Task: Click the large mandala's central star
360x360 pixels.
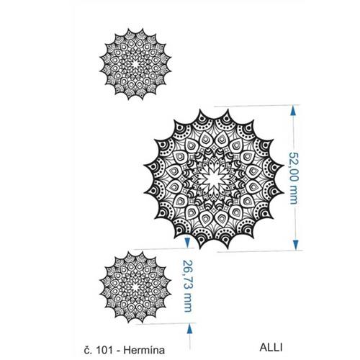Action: point(214,179)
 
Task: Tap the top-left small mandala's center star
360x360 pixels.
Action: point(135,64)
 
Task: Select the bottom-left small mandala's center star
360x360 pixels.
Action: point(135,287)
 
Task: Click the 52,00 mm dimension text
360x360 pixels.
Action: point(293,178)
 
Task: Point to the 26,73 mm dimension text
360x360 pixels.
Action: point(187,286)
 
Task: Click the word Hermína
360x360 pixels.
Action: point(144,350)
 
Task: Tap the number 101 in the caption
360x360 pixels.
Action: point(104,350)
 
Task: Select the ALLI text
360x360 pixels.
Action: point(271,348)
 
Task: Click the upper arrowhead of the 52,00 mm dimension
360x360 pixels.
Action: point(293,112)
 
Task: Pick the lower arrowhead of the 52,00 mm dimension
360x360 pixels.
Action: point(296,245)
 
